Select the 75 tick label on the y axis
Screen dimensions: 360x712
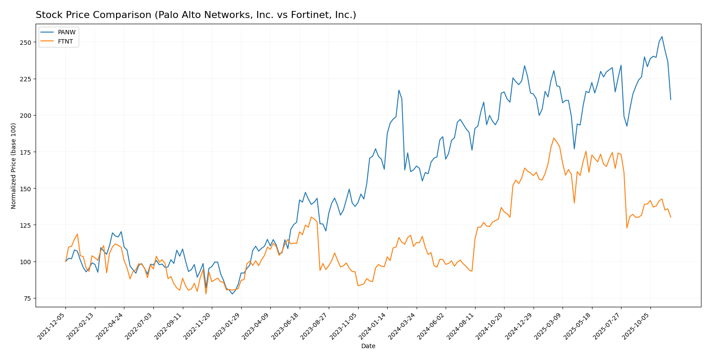pyautogui.click(x=27, y=298)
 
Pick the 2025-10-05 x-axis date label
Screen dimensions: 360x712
pyautogui.click(x=637, y=326)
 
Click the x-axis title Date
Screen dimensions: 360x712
pyautogui.click(x=368, y=346)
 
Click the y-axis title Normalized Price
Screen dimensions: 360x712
pyautogui.click(x=14, y=166)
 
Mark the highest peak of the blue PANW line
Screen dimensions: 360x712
pyautogui.click(x=662, y=36)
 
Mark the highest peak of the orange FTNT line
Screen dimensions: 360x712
pyautogui.click(x=554, y=138)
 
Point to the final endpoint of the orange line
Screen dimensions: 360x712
pyautogui.click(x=671, y=217)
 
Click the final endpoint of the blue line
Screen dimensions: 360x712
pyautogui.click(x=671, y=99)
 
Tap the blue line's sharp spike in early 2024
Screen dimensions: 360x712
pyautogui.click(x=399, y=90)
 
